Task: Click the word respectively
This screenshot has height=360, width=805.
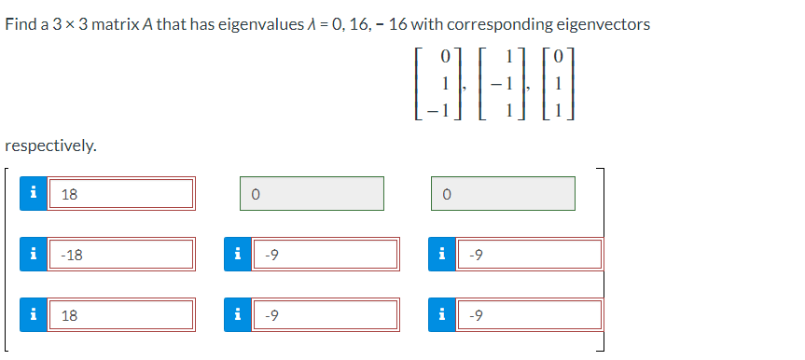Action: [50, 145]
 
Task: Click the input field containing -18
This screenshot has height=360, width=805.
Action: [121, 254]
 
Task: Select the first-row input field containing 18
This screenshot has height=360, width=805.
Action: [121, 194]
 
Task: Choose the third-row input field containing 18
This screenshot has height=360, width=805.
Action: [121, 314]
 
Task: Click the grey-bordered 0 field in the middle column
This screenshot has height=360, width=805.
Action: [312, 194]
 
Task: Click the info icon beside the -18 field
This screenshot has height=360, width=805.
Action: [34, 254]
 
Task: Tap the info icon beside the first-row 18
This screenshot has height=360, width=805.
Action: [34, 194]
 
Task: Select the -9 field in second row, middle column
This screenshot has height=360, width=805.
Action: [329, 254]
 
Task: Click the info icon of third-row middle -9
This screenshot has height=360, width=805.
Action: [239, 314]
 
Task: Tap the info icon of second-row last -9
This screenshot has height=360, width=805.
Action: [441, 254]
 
